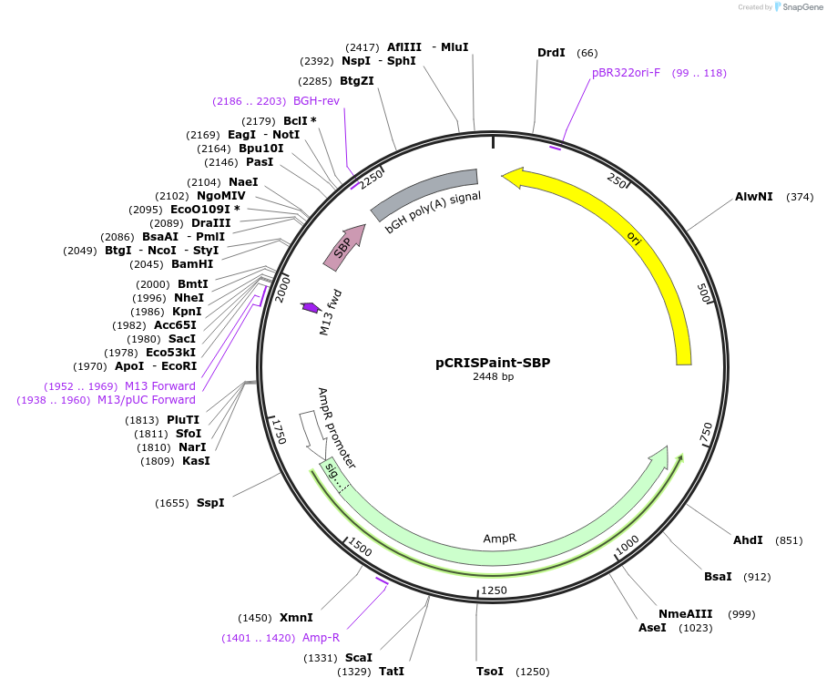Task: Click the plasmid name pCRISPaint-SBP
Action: point(492,362)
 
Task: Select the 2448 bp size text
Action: point(493,377)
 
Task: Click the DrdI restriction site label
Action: point(551,53)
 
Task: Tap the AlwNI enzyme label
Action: point(753,197)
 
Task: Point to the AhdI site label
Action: point(748,540)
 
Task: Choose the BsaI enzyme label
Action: point(718,577)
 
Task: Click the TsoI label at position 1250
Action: point(490,672)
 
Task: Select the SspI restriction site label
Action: point(210,503)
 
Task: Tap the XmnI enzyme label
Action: point(296,618)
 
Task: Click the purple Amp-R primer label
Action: point(322,638)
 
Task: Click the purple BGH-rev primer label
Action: point(316,101)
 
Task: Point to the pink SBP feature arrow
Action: point(344,248)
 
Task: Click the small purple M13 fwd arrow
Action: point(310,308)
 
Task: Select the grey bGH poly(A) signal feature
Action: point(424,194)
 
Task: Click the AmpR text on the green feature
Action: point(499,539)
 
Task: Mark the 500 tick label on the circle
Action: point(702,293)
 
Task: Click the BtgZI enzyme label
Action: point(357,80)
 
